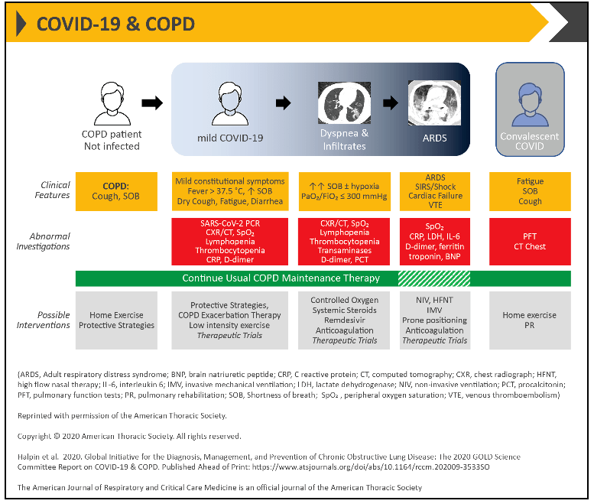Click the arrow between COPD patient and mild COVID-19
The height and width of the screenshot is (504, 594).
coord(153,103)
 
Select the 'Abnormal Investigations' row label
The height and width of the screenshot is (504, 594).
coord(50,241)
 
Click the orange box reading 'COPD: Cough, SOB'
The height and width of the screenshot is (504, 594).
coord(116,190)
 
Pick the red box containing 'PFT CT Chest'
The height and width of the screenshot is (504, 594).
coord(530,239)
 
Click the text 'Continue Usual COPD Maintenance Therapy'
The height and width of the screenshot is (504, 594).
coord(281,278)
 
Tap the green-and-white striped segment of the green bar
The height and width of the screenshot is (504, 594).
coord(434,278)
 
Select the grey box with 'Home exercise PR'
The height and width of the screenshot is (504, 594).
coord(530,320)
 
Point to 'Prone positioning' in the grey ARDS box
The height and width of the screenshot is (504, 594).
coord(434,320)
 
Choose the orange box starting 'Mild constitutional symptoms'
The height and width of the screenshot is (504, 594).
coord(229,190)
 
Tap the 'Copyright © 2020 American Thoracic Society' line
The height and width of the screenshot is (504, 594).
coord(129,436)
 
